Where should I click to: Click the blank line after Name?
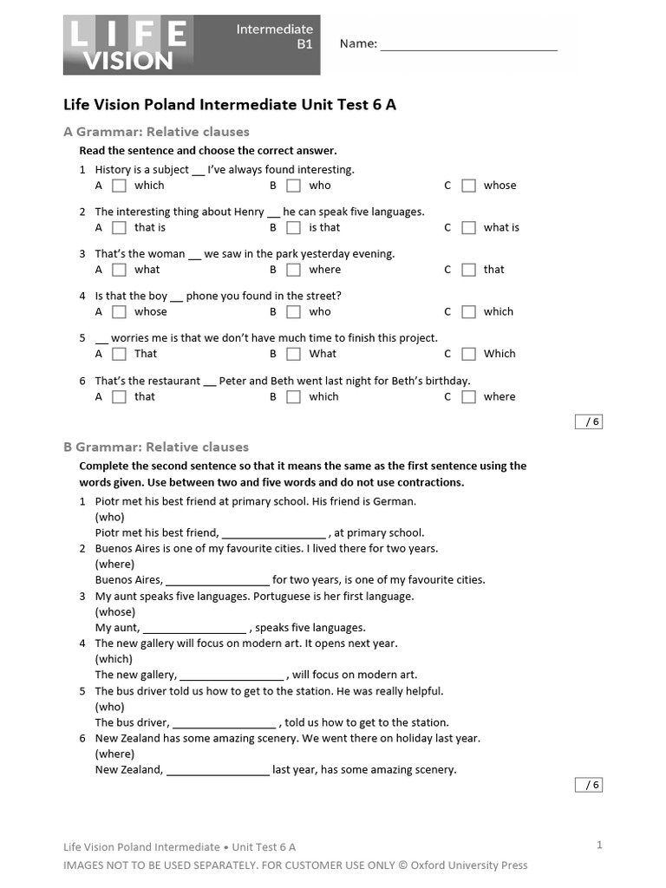468,45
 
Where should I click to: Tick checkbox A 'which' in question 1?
120,186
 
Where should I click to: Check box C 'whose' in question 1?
468,186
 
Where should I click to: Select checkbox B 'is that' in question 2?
294,228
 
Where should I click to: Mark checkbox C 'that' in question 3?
468,270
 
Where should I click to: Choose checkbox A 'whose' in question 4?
120,312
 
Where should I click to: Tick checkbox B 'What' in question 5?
294,354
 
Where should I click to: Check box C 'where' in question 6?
468,397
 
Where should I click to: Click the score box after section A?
588,422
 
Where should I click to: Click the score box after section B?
588,785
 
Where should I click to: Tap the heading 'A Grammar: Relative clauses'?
156,132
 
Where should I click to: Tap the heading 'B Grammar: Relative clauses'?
156,447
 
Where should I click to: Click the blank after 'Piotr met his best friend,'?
274,534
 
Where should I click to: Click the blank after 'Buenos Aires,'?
217,581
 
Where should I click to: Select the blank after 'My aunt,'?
194,628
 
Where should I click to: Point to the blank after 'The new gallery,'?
232,676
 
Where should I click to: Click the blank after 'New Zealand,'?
217,770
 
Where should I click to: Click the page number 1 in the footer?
599,845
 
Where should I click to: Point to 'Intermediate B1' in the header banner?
274,36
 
